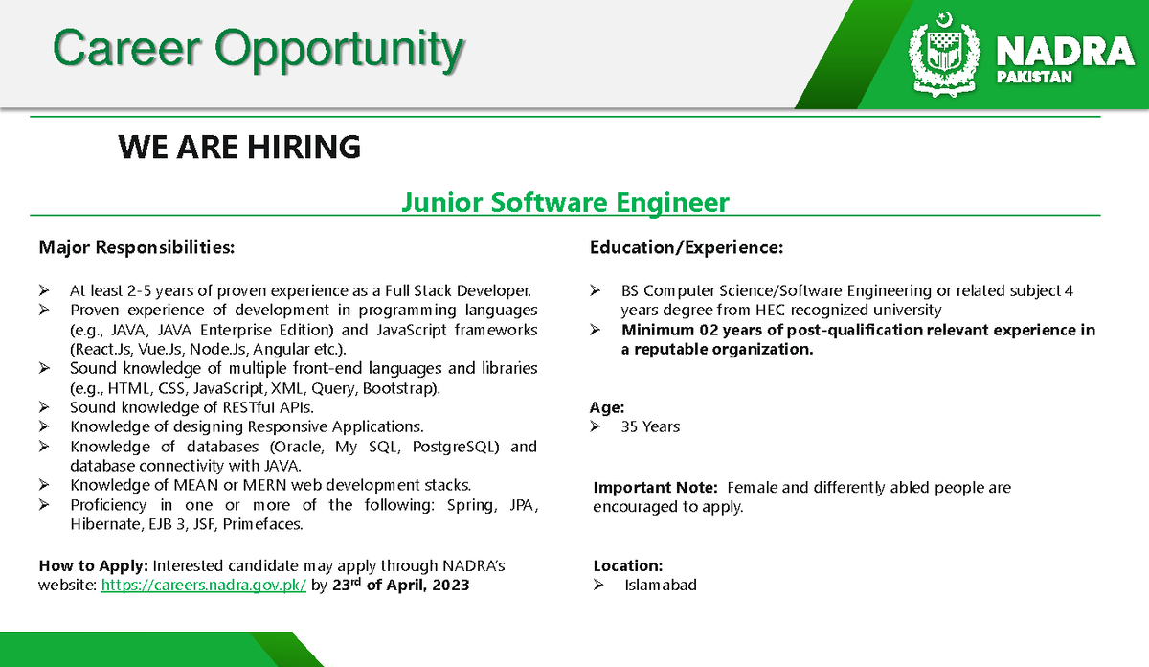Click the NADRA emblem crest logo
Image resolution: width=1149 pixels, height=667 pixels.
point(944,55)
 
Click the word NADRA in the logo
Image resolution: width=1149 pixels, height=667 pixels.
point(1065,52)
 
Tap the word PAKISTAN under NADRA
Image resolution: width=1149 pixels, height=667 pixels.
point(1034,77)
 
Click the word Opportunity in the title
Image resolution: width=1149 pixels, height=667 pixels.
point(339,50)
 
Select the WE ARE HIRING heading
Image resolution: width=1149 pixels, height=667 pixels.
point(239,147)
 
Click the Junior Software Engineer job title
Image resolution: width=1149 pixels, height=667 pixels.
point(565,202)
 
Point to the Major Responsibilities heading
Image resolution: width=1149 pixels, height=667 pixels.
point(136,247)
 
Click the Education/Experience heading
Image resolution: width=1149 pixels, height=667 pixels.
point(687,247)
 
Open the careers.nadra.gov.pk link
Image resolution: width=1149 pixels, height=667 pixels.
point(204,586)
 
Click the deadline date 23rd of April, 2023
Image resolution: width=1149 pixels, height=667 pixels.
point(400,585)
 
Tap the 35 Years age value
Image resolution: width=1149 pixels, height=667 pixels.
point(650,426)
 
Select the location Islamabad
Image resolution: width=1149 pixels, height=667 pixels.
point(661,585)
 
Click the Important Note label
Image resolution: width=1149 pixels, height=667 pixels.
point(655,487)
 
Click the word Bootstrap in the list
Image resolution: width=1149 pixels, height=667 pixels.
point(401,388)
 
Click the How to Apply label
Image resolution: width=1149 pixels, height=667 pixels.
point(94,565)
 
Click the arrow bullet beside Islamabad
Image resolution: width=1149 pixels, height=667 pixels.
point(598,585)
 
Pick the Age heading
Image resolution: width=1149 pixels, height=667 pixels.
point(607,407)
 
